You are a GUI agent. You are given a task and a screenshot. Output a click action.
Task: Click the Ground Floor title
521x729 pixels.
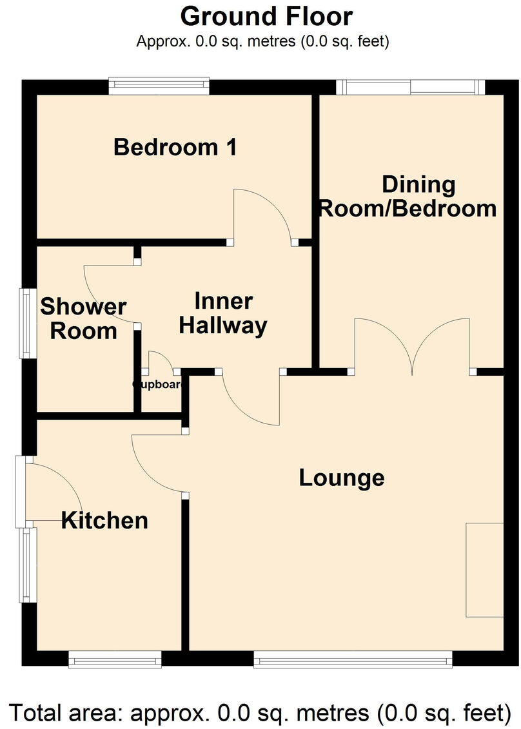click(266, 16)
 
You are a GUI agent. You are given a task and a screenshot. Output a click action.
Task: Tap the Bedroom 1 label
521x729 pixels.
click(175, 148)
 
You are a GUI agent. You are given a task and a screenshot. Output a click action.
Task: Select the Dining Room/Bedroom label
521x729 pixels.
click(409, 197)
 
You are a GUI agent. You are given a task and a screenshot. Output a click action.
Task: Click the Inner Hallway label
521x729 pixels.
click(223, 314)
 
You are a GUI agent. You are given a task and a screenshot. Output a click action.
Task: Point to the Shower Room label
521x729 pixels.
click(83, 319)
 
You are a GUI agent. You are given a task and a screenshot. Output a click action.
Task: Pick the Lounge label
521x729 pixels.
click(342, 478)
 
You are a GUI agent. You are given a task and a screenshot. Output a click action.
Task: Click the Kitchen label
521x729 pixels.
click(104, 520)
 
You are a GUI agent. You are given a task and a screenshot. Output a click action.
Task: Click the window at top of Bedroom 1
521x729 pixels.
click(159, 86)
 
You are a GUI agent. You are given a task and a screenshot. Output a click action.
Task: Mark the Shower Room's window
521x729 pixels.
click(27, 322)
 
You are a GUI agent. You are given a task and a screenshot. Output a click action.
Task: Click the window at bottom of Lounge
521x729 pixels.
click(353, 658)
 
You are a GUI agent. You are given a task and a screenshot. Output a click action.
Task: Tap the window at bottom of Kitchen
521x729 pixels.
click(115, 659)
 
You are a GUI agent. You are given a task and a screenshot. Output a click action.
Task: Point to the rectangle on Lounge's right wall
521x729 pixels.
click(484, 570)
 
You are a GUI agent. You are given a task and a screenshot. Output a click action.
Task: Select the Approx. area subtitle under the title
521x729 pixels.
click(262, 42)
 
